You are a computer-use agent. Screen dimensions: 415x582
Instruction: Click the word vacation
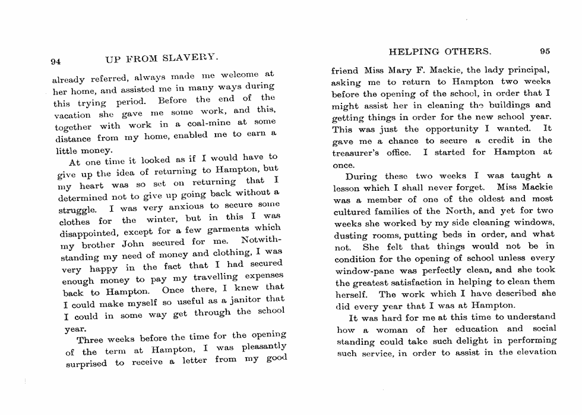[x=71, y=114]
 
